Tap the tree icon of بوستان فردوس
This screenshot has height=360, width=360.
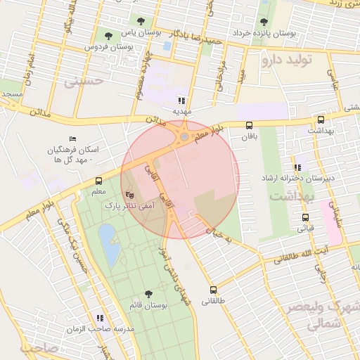coord(108,35)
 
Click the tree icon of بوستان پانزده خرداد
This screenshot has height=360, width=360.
coord(264,22)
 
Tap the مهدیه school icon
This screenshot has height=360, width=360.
coord(182,101)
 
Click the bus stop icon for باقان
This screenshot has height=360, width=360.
coord(249,125)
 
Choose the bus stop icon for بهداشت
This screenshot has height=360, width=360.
coord(321,120)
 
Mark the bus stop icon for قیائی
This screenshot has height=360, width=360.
coord(304,217)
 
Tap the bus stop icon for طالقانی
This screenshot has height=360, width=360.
coord(213,290)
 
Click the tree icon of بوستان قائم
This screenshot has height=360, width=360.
coord(148,294)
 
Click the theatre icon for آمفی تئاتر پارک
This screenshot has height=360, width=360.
coord(129,195)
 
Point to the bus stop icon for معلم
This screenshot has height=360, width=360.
coord(98,181)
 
